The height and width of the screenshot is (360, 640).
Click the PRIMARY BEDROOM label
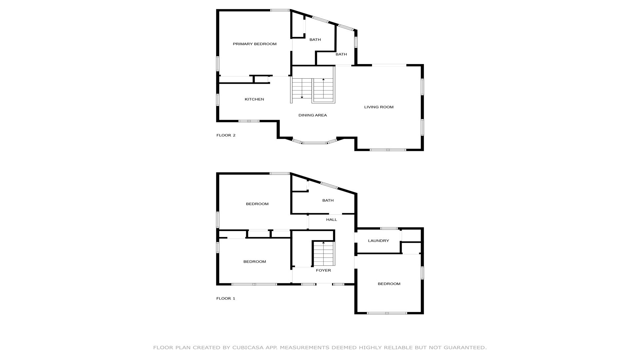point(255,44)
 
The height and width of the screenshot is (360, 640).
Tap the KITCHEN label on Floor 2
point(254,99)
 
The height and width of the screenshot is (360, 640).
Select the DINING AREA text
point(313,115)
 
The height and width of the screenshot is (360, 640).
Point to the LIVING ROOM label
point(379,107)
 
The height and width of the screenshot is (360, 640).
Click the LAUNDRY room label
point(378,241)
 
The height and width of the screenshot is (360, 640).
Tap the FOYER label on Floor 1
point(323,270)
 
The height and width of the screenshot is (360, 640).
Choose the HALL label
point(332,220)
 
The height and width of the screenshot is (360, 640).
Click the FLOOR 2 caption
point(226,135)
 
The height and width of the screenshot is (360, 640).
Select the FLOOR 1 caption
point(226,298)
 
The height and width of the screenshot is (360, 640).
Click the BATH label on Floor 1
point(328,200)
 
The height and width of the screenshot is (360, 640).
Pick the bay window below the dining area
point(315,142)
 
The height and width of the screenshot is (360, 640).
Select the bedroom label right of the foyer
point(389,284)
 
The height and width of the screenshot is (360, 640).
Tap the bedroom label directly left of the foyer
point(255,262)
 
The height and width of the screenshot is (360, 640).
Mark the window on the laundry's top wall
point(389,228)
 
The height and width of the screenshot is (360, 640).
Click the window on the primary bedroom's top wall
point(280,10)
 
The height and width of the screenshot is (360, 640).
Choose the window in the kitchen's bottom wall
point(249,121)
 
